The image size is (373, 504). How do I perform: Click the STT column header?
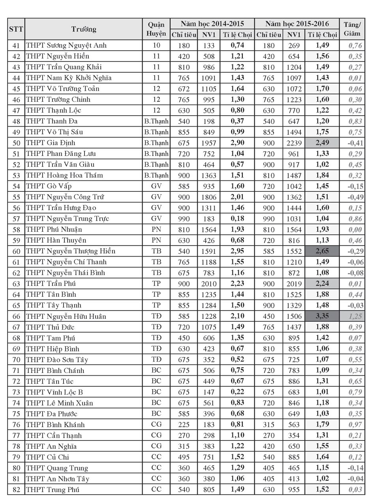pyautogui.click(x=16, y=29)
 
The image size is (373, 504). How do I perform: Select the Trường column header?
pyautogui.click(x=84, y=29)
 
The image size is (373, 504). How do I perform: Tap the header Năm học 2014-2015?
pyautogui.click(x=212, y=24)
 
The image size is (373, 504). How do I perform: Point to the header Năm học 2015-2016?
pyautogui.click(x=297, y=24)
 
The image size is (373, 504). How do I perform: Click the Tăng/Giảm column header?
pyautogui.click(x=352, y=29)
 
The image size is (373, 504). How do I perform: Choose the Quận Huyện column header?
pyautogui.click(x=156, y=29)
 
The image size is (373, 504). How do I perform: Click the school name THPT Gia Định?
pyautogui.click(x=51, y=142)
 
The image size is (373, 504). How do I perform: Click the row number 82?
pyautogui.click(x=16, y=489)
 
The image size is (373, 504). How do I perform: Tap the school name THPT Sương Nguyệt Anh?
pyautogui.click(x=66, y=45)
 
